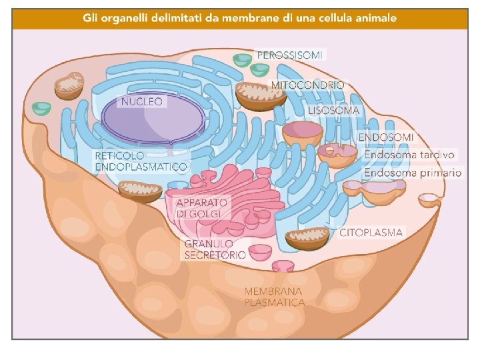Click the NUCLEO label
(x=141, y=102)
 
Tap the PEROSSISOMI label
(x=289, y=55)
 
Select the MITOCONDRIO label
(x=307, y=85)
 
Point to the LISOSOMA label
(x=334, y=111)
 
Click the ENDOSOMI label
(x=386, y=137)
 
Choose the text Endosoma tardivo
(x=409, y=155)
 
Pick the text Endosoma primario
(x=412, y=173)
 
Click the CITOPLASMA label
(x=371, y=233)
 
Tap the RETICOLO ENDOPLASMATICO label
(x=141, y=161)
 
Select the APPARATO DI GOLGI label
(x=203, y=207)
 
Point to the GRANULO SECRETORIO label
(x=215, y=249)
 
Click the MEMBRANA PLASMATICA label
(x=275, y=297)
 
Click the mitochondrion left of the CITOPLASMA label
(x=308, y=239)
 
